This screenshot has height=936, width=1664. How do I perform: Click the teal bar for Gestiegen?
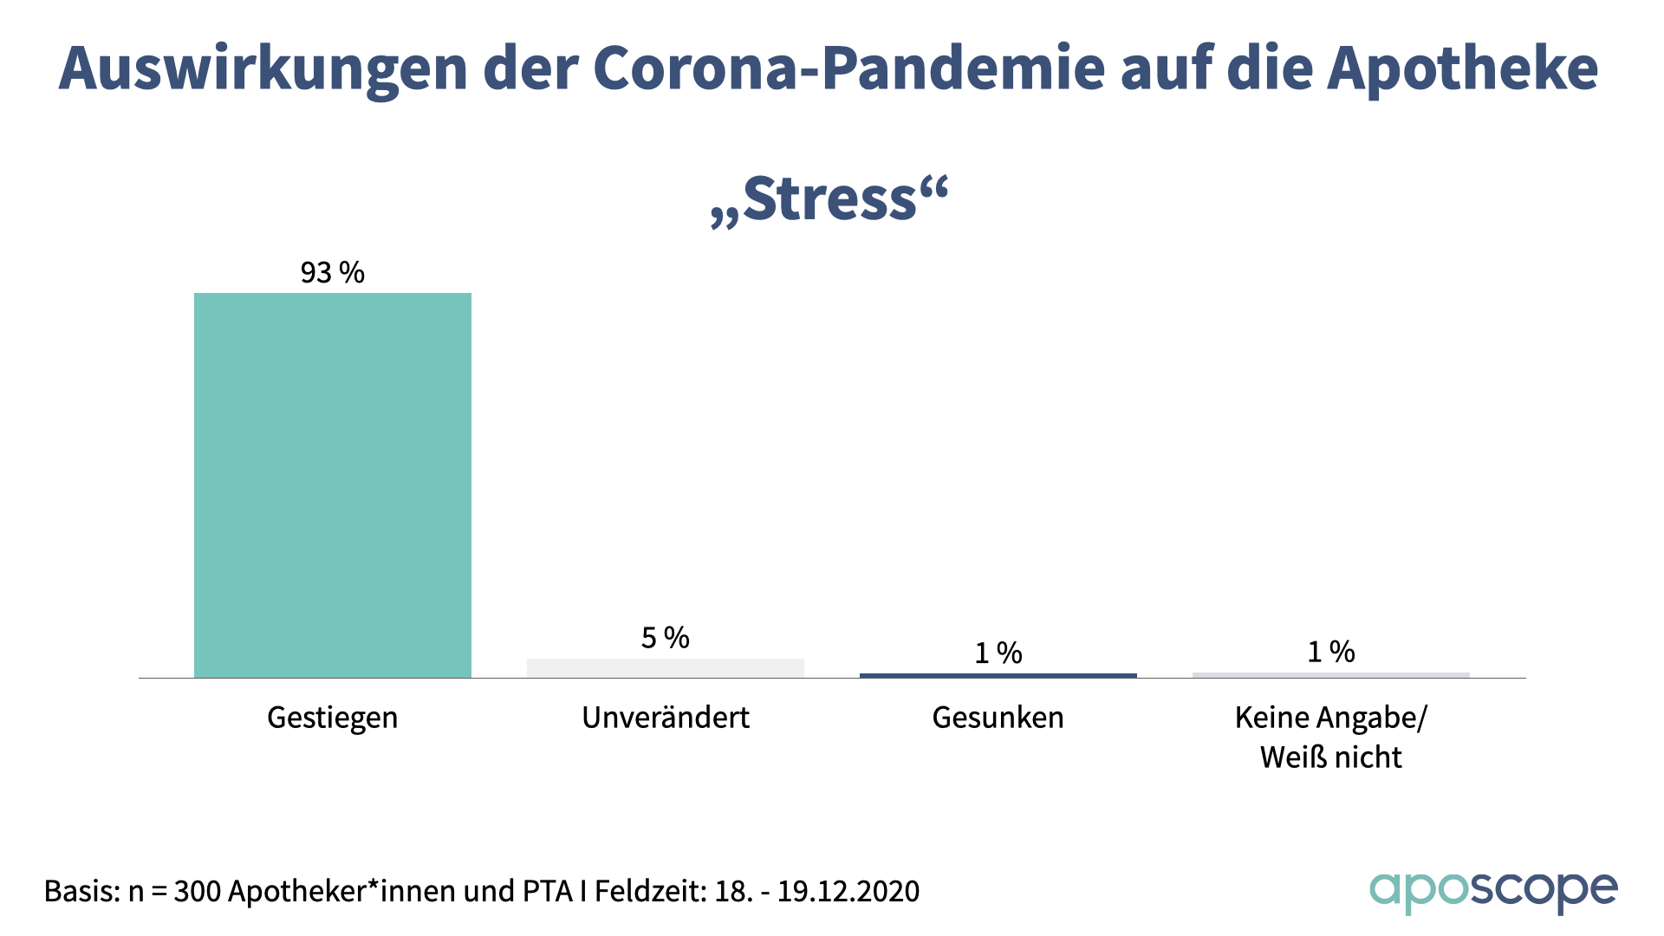click(x=333, y=485)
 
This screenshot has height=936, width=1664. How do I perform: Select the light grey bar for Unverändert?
click(x=666, y=668)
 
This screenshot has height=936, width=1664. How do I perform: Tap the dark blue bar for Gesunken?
click(x=998, y=675)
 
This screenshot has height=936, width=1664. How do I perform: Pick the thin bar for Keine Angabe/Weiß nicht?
click(x=1331, y=675)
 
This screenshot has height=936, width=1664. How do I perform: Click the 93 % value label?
click(x=333, y=273)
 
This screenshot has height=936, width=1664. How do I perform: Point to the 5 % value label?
click(x=666, y=639)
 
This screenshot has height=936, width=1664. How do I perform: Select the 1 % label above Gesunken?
click(x=998, y=653)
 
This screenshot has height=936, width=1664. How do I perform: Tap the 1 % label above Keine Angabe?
click(x=1331, y=652)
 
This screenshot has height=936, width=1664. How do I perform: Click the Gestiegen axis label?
click(x=333, y=718)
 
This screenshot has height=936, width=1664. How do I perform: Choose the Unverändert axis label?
click(x=666, y=718)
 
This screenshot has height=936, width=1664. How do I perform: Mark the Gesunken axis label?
click(x=998, y=718)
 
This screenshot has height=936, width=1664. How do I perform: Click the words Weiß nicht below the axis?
click(x=1331, y=757)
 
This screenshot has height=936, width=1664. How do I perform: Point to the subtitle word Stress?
click(x=829, y=199)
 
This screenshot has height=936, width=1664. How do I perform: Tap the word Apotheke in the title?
click(x=1462, y=68)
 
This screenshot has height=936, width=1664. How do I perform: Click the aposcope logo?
click(x=1493, y=892)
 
